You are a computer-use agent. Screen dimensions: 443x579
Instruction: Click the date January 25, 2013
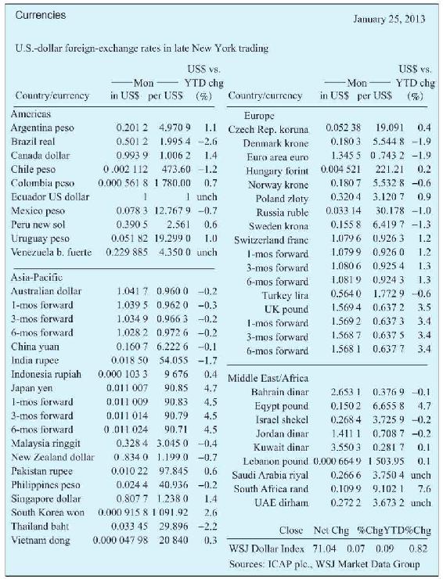pos(389,20)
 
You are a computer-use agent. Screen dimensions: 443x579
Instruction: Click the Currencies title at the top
pos(41,15)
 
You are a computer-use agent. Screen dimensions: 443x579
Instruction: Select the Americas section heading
pos(31,114)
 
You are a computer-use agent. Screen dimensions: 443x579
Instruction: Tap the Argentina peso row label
pos(42,128)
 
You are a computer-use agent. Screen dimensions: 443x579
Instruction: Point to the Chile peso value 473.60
pos(176,170)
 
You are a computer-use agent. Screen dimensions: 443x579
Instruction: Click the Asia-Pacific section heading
pos(37,277)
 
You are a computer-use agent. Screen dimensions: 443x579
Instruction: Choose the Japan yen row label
pos(32,388)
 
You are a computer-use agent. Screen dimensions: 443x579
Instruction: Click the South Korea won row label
pos(48,512)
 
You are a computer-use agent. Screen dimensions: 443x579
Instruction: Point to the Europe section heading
pos(259,116)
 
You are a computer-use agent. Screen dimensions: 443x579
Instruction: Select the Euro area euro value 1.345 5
pos(346,156)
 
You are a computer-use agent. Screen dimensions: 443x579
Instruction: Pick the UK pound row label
pos(286,309)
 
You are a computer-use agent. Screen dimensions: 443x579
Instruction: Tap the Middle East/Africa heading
pos(268,378)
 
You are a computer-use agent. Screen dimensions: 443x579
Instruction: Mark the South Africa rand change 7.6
pos(424,488)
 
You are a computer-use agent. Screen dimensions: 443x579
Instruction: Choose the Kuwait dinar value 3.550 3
pos(346,448)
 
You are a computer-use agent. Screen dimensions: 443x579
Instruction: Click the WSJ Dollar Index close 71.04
pos(324,548)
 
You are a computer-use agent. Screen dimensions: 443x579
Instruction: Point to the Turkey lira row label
pos(285,296)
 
